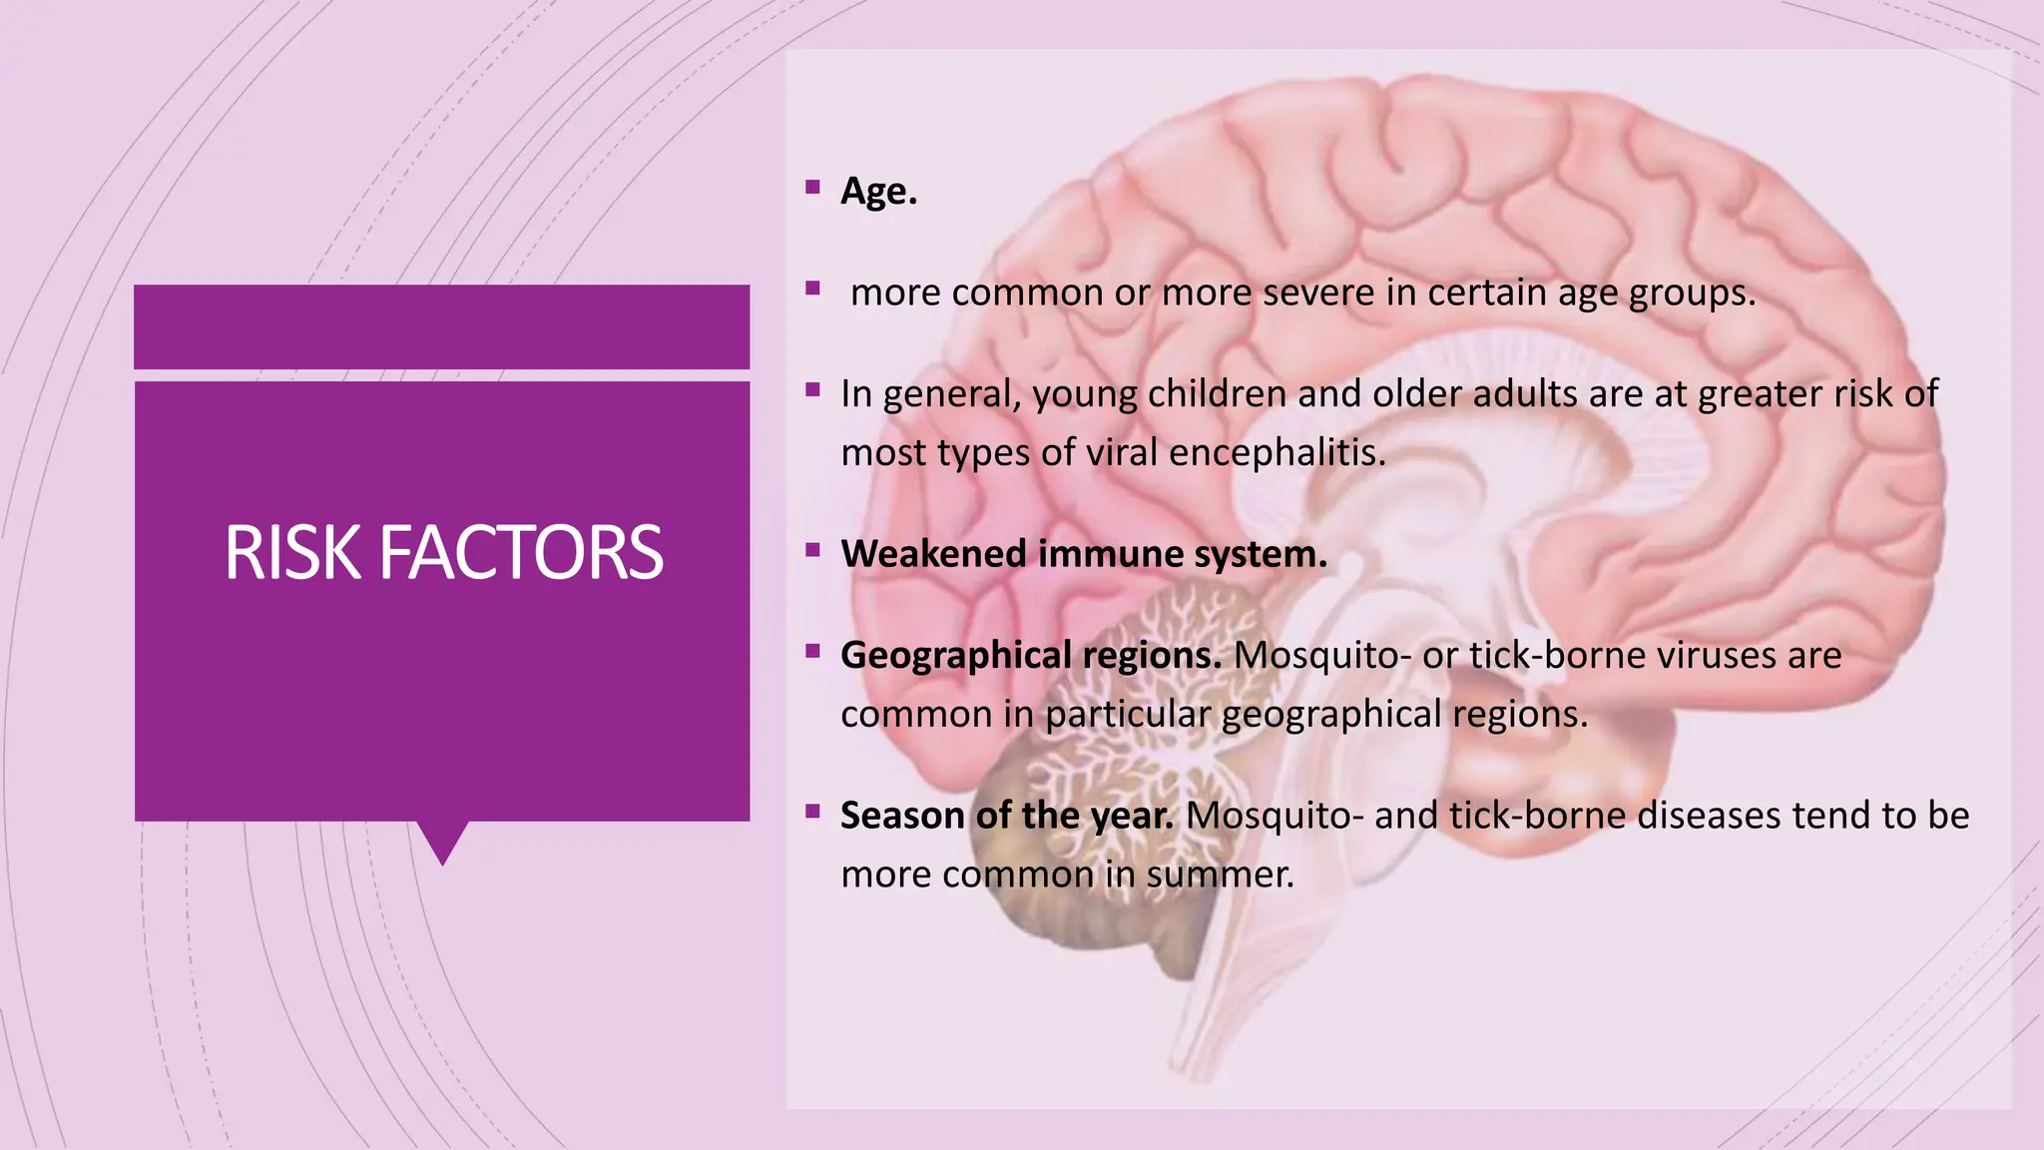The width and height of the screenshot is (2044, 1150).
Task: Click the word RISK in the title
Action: coord(291,553)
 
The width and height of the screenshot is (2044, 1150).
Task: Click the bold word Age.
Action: coord(878,191)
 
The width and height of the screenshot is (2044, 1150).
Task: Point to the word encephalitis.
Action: coord(1277,453)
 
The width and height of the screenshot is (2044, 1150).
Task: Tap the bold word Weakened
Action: coord(933,554)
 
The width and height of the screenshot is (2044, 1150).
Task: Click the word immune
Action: coord(1110,554)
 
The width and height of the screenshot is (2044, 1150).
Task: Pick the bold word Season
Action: coord(902,816)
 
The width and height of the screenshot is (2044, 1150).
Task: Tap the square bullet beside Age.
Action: coord(813,187)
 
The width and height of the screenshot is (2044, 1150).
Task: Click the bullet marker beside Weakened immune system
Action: coord(813,549)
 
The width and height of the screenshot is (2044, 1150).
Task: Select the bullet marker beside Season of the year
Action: coord(813,811)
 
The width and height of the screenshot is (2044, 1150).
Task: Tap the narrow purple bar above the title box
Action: coord(441,326)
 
